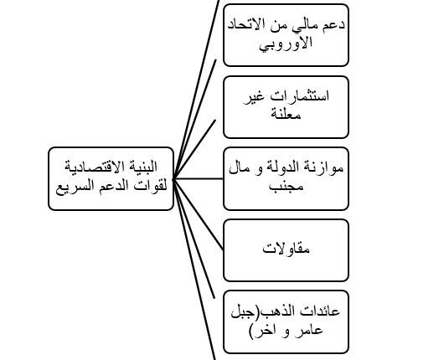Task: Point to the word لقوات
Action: pyautogui.click(x=154, y=186)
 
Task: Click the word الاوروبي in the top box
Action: pyautogui.click(x=286, y=44)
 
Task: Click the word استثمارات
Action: pyautogui.click(x=300, y=96)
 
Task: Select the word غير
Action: pyautogui.click(x=255, y=97)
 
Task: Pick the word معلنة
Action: pyautogui.click(x=286, y=114)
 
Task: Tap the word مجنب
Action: pyautogui.click(x=286, y=187)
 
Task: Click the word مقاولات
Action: pyautogui.click(x=286, y=249)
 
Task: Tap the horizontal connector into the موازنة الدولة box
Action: pyautogui.click(x=199, y=178)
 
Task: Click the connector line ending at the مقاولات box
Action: pyautogui.click(x=199, y=214)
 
